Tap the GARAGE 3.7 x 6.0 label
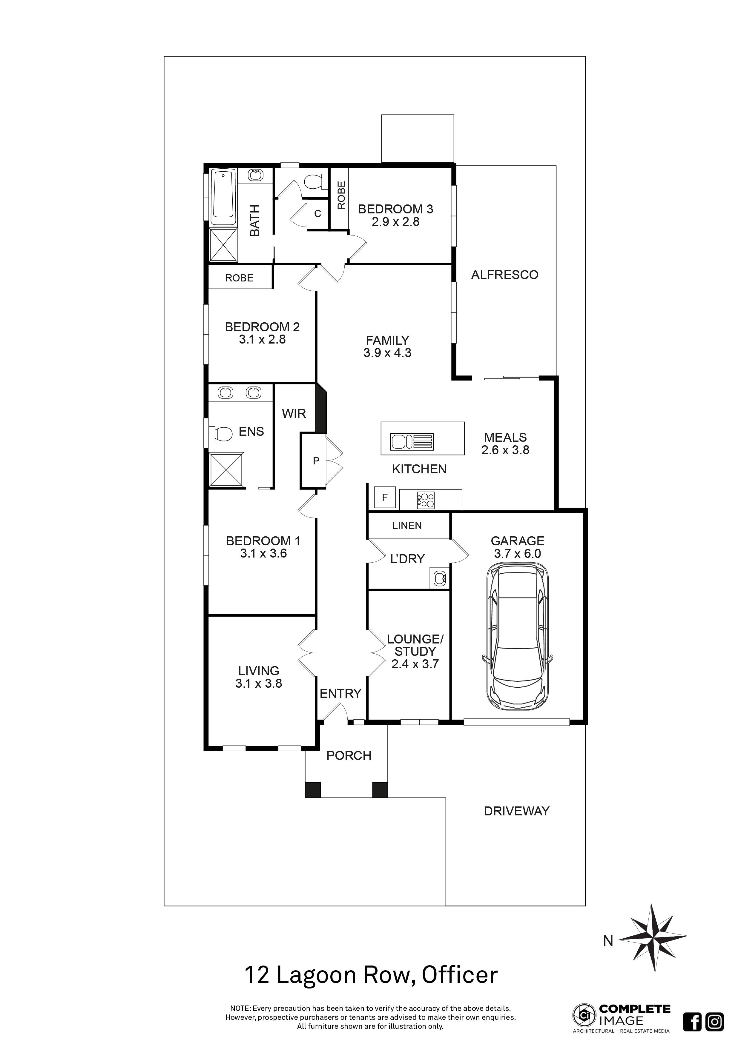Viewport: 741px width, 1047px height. (x=517, y=547)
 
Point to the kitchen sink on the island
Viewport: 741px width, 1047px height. (x=401, y=441)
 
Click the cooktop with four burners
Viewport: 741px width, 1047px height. (x=426, y=500)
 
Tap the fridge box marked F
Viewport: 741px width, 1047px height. (x=385, y=498)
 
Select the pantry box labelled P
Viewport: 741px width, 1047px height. (x=315, y=461)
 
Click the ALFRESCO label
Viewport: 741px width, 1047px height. (x=505, y=275)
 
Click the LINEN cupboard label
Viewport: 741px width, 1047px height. (x=407, y=525)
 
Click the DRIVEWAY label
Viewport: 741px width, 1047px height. (x=516, y=811)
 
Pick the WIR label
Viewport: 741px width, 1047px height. (x=294, y=414)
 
